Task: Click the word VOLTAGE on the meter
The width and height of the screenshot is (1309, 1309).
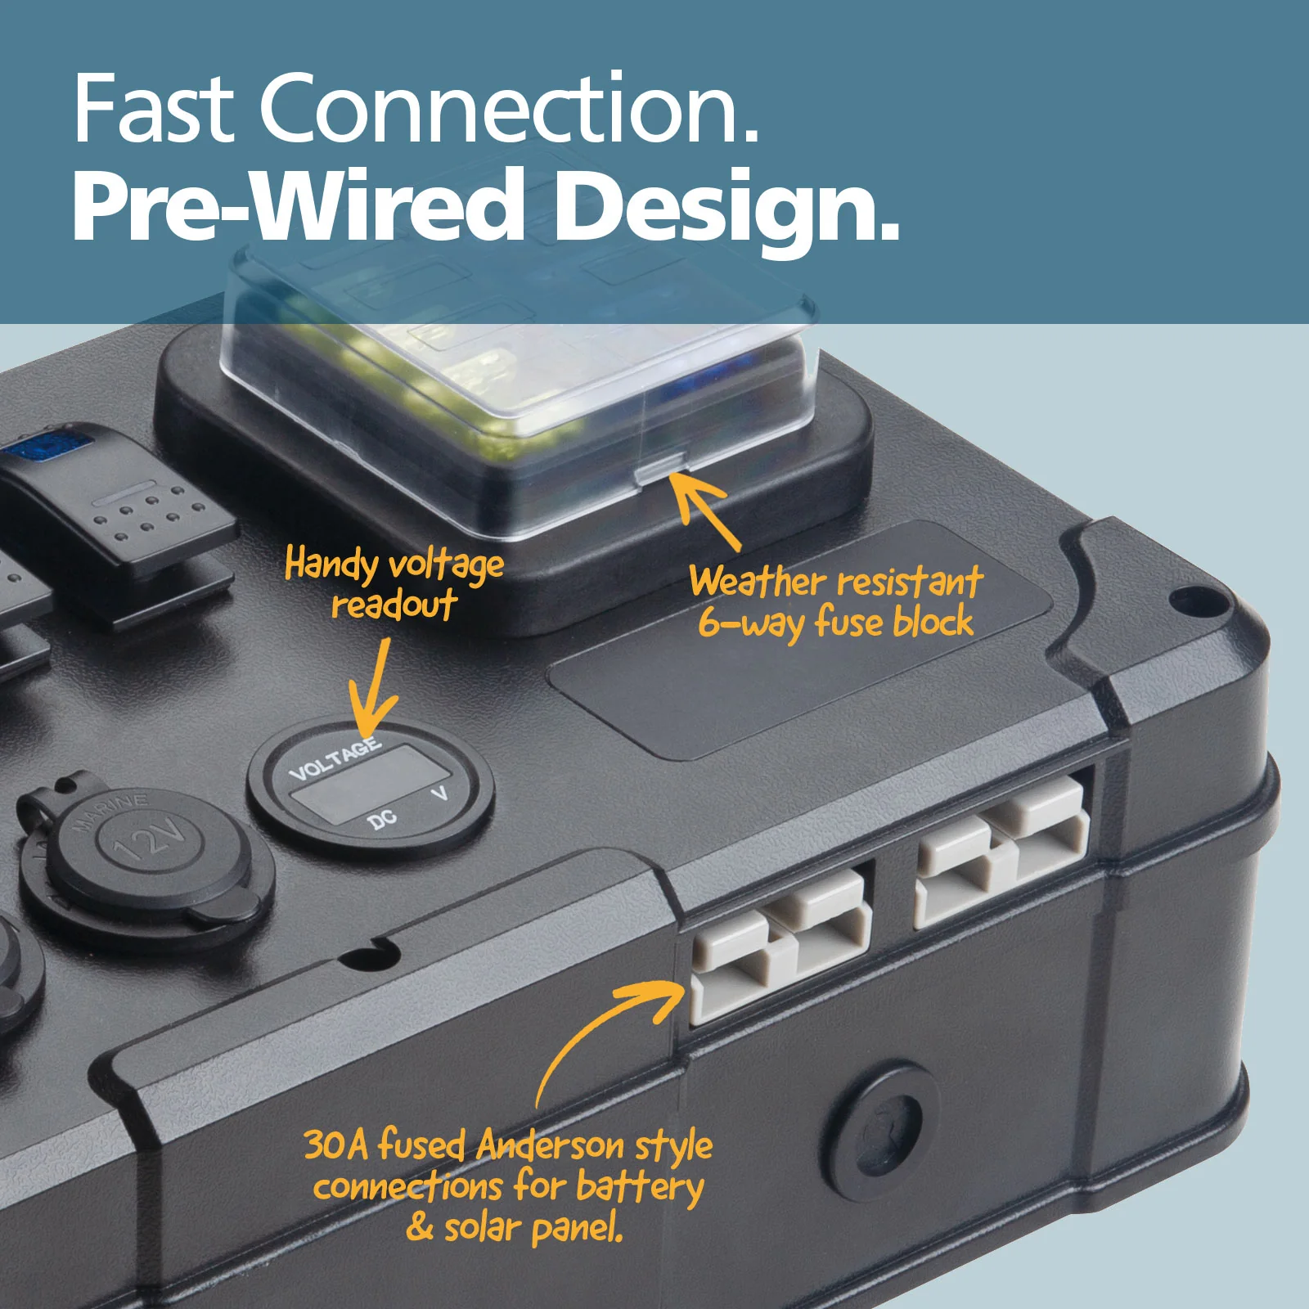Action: (335, 758)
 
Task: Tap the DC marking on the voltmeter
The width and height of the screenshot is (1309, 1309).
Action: (383, 818)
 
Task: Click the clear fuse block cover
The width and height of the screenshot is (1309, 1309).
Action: (520, 360)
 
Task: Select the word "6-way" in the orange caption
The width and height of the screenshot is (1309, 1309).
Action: (750, 623)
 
